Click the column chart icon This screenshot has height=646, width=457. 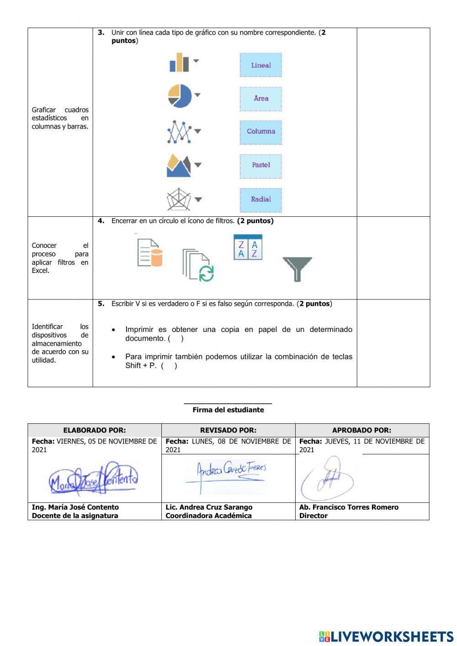point(179,63)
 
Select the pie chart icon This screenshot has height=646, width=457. point(180,96)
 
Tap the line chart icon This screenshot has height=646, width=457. point(179,132)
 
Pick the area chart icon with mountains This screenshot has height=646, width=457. point(179,166)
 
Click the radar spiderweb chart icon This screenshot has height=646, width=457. point(179,199)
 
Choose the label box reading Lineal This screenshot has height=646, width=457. point(261,65)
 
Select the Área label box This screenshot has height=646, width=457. point(261,98)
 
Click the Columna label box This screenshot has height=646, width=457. point(261,132)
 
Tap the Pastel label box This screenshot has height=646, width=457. point(261,165)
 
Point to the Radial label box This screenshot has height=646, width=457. point(261,199)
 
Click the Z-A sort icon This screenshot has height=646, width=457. point(248,247)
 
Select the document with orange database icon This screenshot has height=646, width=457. point(150,252)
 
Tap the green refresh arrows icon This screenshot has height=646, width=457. point(206,273)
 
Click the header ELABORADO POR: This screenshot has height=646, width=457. point(95,430)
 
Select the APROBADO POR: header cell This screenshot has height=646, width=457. point(361,430)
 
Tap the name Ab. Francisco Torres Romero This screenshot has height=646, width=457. point(349,507)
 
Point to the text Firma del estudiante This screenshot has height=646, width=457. point(228,410)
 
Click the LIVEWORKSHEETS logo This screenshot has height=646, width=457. point(386,636)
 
